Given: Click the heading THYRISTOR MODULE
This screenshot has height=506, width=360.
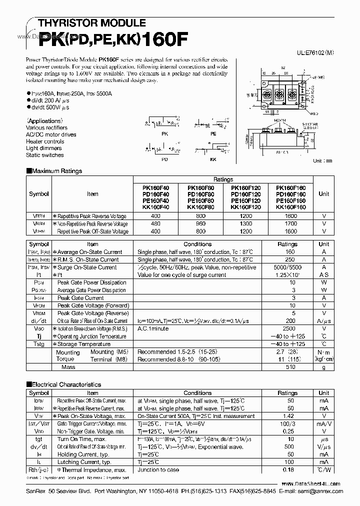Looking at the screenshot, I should point(85,23).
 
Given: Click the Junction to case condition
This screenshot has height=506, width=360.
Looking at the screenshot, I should point(159,470).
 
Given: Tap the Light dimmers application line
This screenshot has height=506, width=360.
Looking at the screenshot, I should point(44,148).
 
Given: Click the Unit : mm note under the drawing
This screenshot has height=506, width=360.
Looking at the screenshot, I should point(322,161).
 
